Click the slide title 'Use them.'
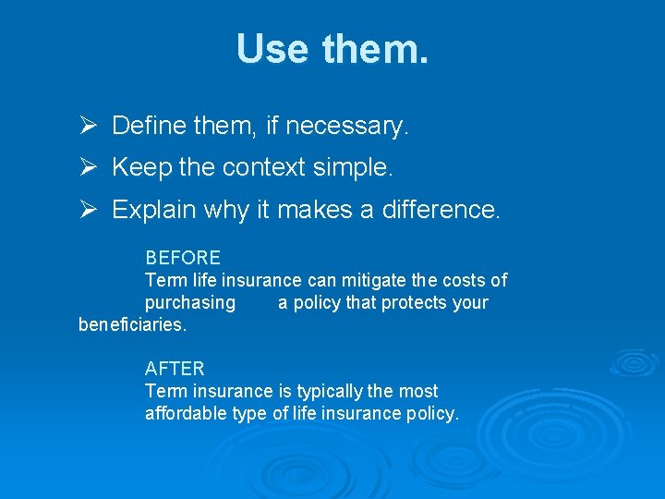click(x=332, y=49)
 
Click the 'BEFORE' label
click(x=183, y=258)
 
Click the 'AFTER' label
click(x=175, y=369)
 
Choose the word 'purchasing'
click(x=190, y=303)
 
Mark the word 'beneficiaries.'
click(x=133, y=325)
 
